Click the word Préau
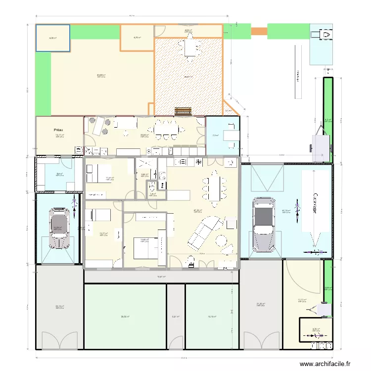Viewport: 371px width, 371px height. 59,131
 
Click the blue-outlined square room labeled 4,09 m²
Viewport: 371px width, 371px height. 52,38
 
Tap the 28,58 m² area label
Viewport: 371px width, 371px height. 125,317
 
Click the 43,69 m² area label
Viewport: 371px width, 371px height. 101,75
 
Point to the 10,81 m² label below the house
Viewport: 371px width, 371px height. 161,277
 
